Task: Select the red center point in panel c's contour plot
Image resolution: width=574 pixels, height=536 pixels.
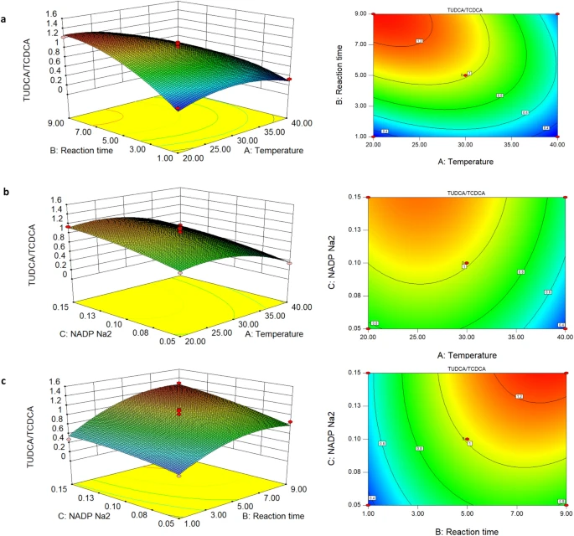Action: [465, 439]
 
